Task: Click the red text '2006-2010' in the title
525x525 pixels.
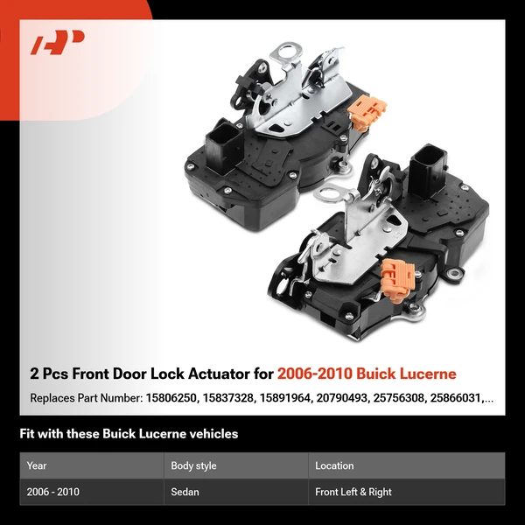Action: (313, 374)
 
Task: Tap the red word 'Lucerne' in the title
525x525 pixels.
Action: (425, 374)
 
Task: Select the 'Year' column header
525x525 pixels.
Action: (37, 465)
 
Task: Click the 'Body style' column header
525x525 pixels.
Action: (193, 465)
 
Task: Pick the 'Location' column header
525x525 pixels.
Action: (334, 465)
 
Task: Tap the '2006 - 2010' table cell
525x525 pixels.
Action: (52, 492)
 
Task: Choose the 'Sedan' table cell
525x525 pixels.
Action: (185, 492)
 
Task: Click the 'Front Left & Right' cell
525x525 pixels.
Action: (353, 492)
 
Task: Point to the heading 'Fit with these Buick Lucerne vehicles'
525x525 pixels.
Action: (129, 434)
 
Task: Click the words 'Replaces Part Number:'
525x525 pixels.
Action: (84, 398)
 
